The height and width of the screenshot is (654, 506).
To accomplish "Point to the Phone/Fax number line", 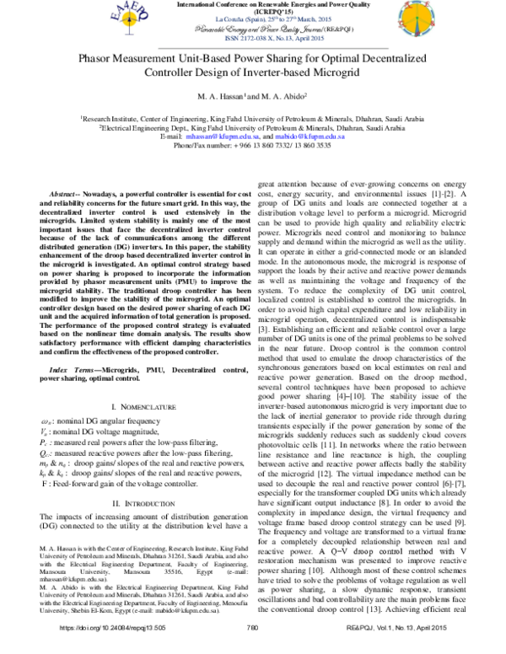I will click(x=253, y=144).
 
